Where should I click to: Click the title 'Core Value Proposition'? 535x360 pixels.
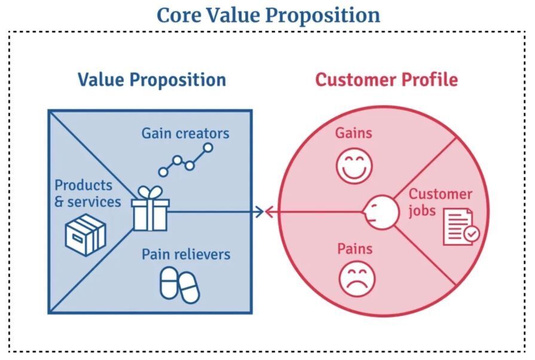tap(268, 16)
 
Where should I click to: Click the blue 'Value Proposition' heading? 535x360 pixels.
tap(152, 80)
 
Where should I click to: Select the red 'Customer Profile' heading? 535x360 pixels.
tap(386, 80)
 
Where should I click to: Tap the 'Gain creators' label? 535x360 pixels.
tap(185, 133)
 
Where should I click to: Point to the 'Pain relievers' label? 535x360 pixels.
tap(186, 254)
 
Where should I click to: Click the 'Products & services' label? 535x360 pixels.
tap(88, 194)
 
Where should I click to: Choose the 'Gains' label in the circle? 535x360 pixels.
tap(353, 133)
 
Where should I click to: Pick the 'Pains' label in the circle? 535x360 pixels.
tap(355, 249)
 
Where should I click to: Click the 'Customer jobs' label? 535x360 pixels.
tap(440, 202)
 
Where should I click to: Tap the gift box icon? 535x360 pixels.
tap(150, 209)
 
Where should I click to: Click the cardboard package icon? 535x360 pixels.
tap(85, 235)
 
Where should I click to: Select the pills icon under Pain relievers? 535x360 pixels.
tap(179, 285)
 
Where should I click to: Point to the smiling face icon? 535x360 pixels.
tap(354, 166)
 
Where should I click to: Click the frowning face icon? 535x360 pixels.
tap(357, 279)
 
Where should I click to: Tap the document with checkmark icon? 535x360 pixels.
tap(461, 227)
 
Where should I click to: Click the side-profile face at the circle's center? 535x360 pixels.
tap(380, 212)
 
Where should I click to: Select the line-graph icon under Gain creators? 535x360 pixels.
tap(186, 160)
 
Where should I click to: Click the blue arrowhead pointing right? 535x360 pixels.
tap(259, 212)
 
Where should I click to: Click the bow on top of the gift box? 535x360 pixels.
tap(150, 193)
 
